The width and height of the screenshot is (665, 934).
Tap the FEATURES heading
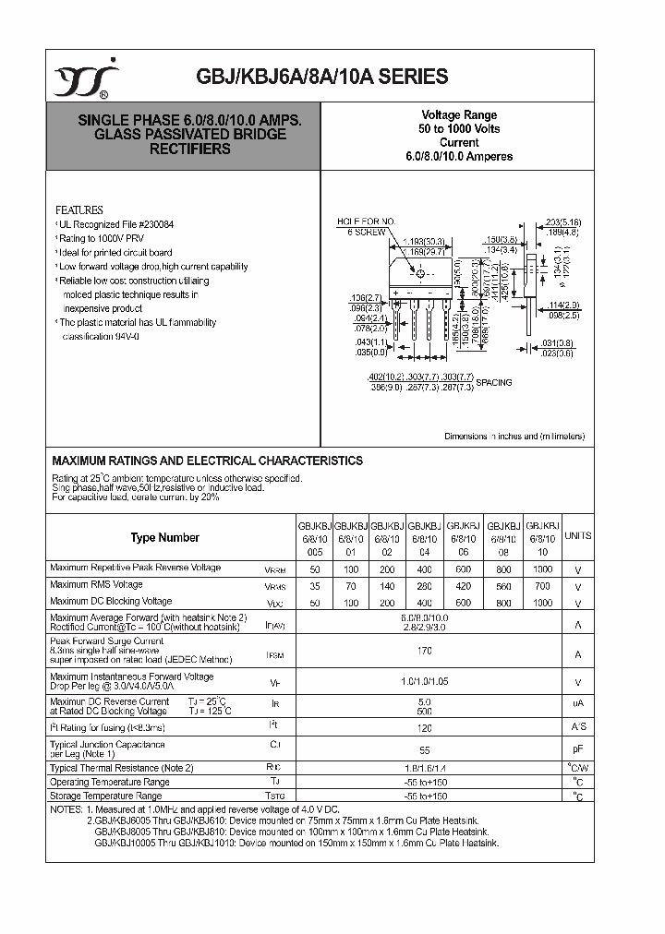point(79,210)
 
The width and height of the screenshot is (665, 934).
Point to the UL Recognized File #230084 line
point(117,224)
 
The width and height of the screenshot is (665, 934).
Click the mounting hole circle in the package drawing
point(420,274)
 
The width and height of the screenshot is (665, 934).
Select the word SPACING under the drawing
point(493,382)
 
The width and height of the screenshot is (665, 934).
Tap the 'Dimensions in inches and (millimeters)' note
point(514,437)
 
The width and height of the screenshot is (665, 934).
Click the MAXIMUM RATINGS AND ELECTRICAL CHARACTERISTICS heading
point(207,461)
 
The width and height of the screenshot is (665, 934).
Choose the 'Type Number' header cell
point(164,537)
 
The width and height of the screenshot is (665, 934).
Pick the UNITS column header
point(578,536)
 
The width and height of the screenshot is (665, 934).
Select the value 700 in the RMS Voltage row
point(542,585)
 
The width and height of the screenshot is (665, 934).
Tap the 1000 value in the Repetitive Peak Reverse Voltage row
point(542,569)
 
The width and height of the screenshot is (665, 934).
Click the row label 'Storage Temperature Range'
point(106,795)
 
